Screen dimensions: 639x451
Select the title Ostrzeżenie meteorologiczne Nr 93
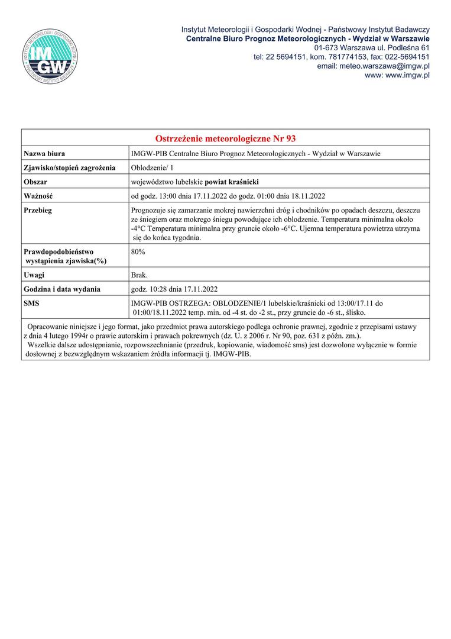tap(225, 138)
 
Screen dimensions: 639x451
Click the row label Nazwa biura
tap(44, 154)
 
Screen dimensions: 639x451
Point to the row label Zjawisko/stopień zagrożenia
tap(69, 168)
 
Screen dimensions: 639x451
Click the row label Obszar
tap(35, 182)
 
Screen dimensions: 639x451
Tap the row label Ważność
tap(39, 196)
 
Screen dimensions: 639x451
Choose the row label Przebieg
tap(38, 210)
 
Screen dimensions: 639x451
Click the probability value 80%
tap(138, 252)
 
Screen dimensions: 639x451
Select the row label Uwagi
tap(34, 275)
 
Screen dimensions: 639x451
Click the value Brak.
tap(139, 275)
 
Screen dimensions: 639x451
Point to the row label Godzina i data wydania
tap(62, 289)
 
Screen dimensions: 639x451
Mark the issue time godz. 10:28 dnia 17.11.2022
tap(174, 289)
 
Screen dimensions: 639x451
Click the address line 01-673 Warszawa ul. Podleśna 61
tap(372, 47)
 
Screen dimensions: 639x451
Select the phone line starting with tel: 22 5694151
tap(341, 57)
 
